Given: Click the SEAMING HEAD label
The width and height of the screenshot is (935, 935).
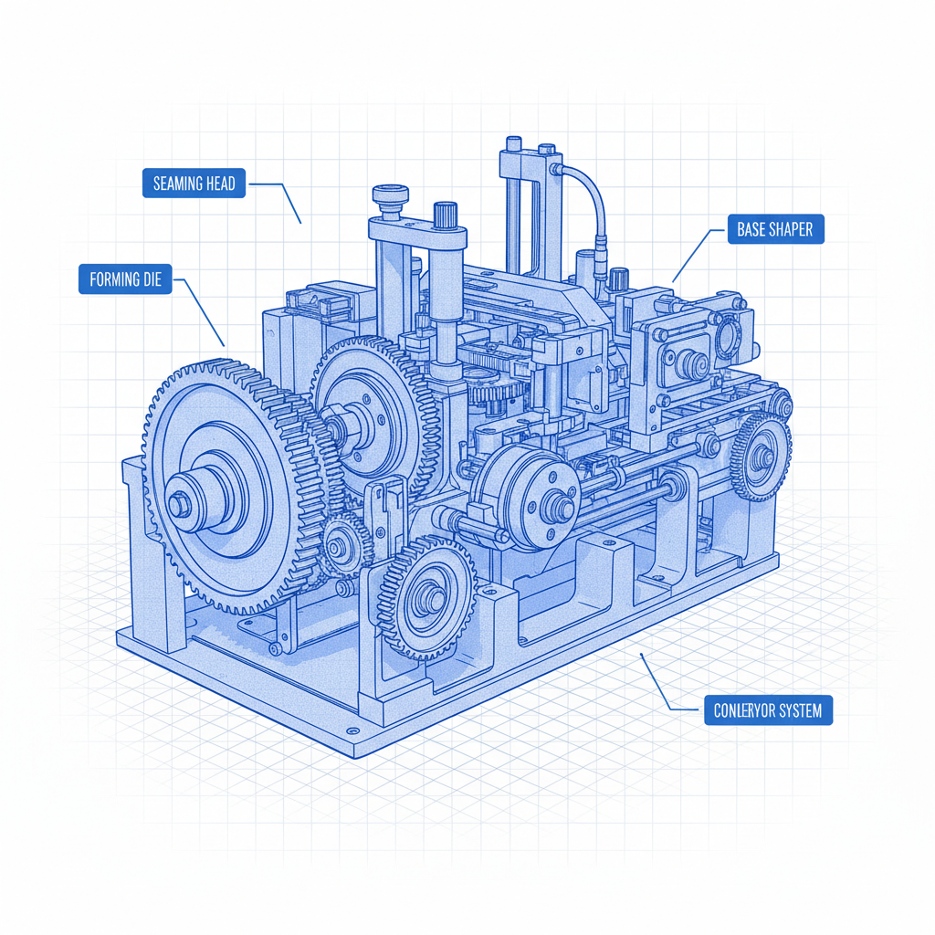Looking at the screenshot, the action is pos(194,183).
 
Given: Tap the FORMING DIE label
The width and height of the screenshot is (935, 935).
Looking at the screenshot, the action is pos(125,279).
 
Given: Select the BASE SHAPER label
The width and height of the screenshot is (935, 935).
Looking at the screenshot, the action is pos(776,229).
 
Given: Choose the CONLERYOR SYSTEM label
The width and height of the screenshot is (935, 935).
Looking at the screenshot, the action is pos(768,710).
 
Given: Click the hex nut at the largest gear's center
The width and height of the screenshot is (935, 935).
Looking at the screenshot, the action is pos(179,504).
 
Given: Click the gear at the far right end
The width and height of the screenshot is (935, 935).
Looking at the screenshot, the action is pos(761,457).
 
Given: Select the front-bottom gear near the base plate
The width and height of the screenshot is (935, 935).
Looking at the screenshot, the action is pos(427,596).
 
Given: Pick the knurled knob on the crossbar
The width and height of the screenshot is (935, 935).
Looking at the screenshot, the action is pos(445,215).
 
